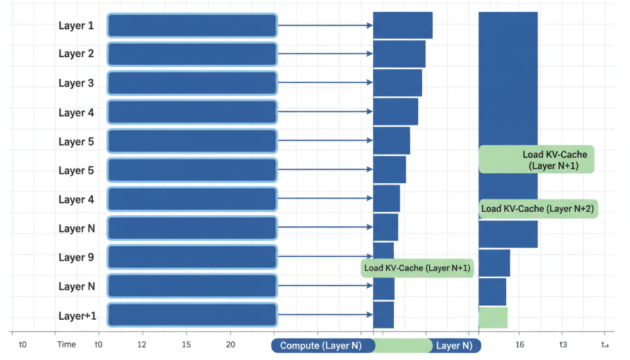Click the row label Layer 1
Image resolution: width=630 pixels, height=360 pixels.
point(76,26)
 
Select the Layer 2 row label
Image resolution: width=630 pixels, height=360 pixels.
point(76,54)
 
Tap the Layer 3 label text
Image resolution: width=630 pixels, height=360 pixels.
point(76,83)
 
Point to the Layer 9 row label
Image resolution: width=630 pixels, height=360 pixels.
point(76,257)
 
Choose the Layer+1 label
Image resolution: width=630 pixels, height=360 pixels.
point(77,316)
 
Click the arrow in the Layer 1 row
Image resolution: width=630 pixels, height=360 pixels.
point(325,26)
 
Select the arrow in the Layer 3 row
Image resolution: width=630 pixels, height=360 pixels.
point(325,83)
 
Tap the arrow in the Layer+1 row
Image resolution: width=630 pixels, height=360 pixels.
point(325,315)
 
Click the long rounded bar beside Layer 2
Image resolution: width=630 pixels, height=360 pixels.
point(191,54)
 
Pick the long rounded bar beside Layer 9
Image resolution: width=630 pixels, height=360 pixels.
point(191,257)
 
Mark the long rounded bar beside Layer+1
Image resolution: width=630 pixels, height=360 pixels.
point(191,315)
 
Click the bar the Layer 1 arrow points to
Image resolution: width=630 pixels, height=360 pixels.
point(402,26)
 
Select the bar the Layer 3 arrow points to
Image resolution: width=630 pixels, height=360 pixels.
point(397,83)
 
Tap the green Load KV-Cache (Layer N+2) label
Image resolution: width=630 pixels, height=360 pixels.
point(537,209)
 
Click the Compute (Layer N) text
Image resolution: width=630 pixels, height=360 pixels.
point(320,345)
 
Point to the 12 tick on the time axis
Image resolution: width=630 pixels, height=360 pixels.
point(142,345)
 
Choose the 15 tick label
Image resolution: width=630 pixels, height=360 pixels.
point(186,345)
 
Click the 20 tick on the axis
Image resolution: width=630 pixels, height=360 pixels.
point(230,345)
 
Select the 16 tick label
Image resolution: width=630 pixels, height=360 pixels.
point(520,345)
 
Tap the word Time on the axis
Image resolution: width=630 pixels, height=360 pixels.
point(66,344)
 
